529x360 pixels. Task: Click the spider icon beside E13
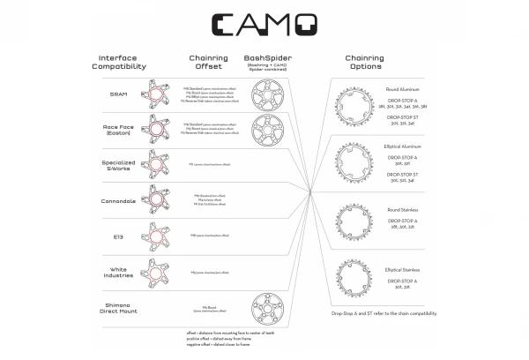coord(159,235)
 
